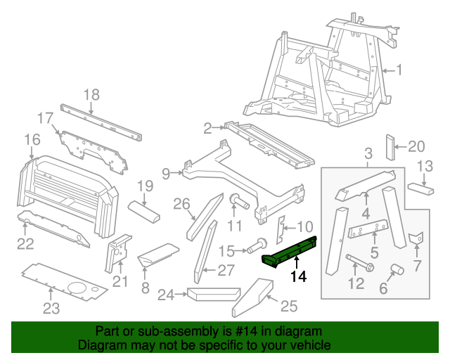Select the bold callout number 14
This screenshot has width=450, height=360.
coord(299,277)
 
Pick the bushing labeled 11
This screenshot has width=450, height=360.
coord(238,204)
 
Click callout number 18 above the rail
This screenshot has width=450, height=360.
coord(92,95)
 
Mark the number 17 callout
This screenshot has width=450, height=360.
coord(45,117)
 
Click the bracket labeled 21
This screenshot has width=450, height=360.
coord(116,253)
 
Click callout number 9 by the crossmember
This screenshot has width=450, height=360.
coord(165,172)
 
